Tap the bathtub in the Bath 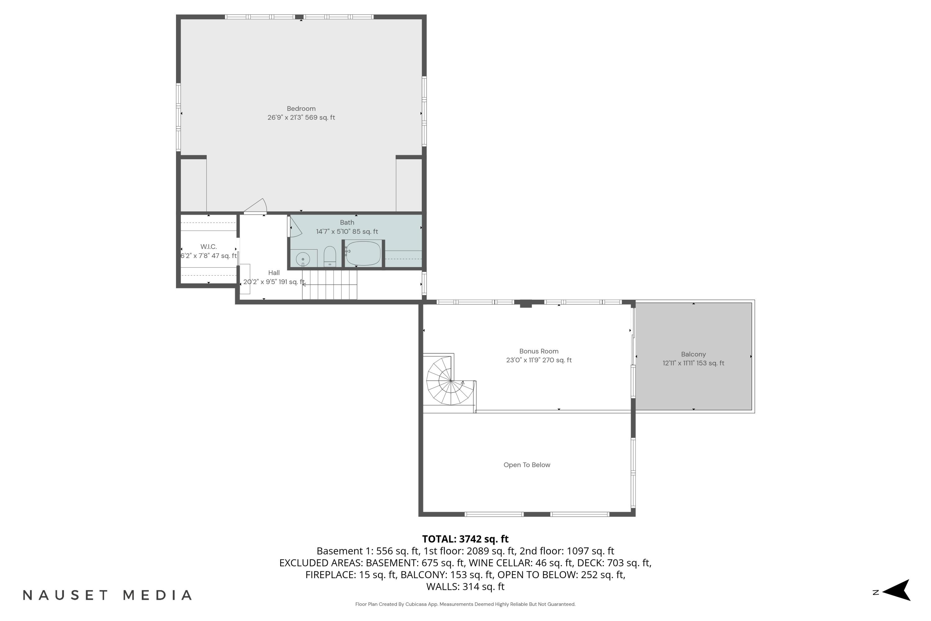[363, 253]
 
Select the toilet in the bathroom [330, 257]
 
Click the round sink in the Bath [303, 259]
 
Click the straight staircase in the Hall [329, 284]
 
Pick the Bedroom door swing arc [257, 206]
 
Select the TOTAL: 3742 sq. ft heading [465, 539]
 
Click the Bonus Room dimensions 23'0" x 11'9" [538, 360]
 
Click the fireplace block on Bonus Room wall [525, 304]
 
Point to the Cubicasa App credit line [465, 604]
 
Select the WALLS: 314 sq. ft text [465, 587]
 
